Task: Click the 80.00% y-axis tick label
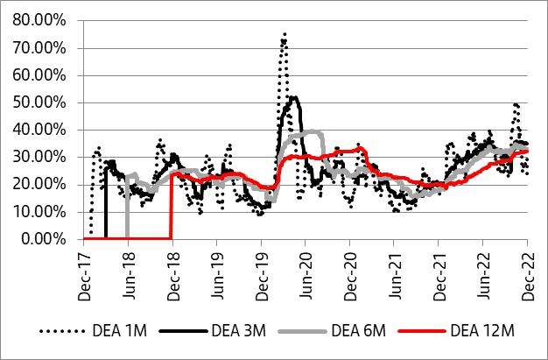(x=44, y=20)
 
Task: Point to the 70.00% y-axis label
(x=44, y=47)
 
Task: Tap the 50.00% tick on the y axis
(x=44, y=102)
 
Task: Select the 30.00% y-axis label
(x=44, y=156)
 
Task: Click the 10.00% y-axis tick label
(x=44, y=211)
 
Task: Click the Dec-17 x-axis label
(x=84, y=266)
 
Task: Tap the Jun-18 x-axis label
(x=128, y=266)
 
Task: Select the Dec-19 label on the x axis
(x=261, y=266)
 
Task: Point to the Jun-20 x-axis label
(x=306, y=266)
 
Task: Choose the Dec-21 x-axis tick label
(x=439, y=266)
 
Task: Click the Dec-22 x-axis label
(x=527, y=266)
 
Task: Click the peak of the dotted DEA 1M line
(x=285, y=34)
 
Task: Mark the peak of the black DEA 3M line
(x=294, y=97)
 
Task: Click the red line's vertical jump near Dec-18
(x=172, y=206)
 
